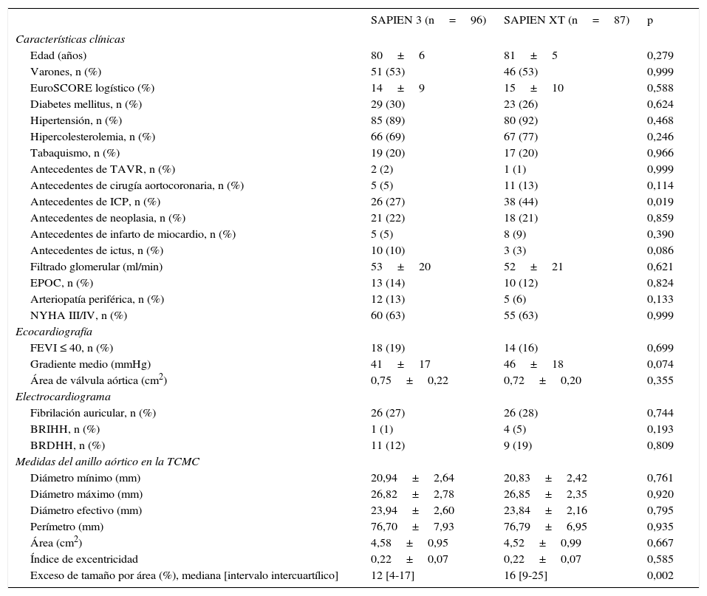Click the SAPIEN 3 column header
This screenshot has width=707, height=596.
coord(428,21)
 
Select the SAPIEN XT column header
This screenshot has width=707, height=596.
coord(566,21)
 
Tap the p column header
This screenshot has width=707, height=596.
coord(650,21)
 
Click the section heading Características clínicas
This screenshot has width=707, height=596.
coord(70,39)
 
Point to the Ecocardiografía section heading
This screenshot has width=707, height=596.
coord(54,332)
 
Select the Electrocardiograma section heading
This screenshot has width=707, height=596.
coord(63,397)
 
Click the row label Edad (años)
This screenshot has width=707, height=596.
coord(58,55)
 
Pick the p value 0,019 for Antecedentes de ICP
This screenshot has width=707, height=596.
coord(660,202)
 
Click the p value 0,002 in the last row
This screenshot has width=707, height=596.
coord(660,575)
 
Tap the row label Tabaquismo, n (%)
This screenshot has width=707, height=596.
coord(75,153)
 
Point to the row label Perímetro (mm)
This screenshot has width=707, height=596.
coord(66,527)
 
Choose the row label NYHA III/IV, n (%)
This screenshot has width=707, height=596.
coord(78,315)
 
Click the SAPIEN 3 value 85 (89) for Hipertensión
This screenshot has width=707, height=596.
coord(388,120)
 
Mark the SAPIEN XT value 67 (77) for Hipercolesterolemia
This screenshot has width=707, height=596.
coord(521,137)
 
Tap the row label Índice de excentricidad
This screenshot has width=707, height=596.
coord(84,559)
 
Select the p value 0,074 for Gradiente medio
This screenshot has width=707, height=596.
coord(660,364)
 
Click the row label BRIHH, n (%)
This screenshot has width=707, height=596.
coord(65,429)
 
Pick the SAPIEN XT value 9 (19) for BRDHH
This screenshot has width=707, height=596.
coord(518,445)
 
